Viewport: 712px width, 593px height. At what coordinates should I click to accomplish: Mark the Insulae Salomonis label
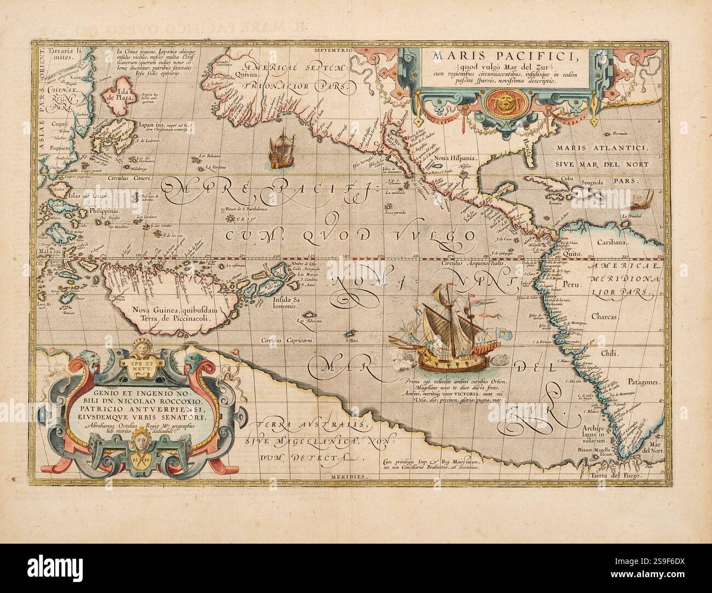[x=284, y=304]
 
